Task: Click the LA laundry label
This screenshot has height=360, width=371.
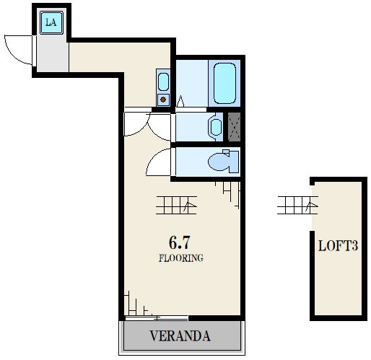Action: (51, 22)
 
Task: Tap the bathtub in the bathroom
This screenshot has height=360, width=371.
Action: (224, 83)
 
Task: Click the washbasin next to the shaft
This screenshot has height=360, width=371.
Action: (216, 127)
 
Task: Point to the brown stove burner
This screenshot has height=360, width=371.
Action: (163, 99)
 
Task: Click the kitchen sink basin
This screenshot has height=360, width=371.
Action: (163, 82)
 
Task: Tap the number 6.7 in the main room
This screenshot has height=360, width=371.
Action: (180, 242)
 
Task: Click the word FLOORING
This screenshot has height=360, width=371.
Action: (181, 258)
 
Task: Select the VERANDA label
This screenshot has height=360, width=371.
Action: (180, 336)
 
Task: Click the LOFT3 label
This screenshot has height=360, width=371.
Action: (338, 246)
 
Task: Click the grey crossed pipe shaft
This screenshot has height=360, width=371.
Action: (234, 127)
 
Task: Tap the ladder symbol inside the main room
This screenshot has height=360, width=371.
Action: (177, 205)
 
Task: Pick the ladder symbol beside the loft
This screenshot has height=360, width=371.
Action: (297, 205)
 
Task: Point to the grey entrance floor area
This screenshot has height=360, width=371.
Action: (53, 53)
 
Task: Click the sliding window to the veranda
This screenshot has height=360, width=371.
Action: (157, 318)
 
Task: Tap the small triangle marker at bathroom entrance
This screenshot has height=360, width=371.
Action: (180, 101)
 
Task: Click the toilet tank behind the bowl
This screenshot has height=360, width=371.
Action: (234, 161)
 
